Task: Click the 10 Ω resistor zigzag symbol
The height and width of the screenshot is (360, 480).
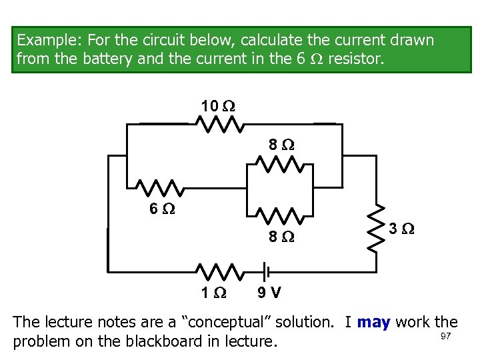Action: [x=219, y=124]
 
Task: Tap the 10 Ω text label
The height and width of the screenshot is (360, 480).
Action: [x=218, y=105]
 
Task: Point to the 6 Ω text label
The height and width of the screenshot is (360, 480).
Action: [x=161, y=209]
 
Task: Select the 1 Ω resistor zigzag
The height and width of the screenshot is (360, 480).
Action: [x=219, y=271]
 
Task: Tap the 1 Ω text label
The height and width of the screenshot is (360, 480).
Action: [x=214, y=293]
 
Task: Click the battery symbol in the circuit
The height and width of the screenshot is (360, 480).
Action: [x=265, y=271]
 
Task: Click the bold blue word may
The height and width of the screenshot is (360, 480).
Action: [x=374, y=323]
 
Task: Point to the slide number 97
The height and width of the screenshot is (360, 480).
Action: [x=446, y=336]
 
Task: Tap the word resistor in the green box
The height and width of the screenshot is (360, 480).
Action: [x=356, y=59]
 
